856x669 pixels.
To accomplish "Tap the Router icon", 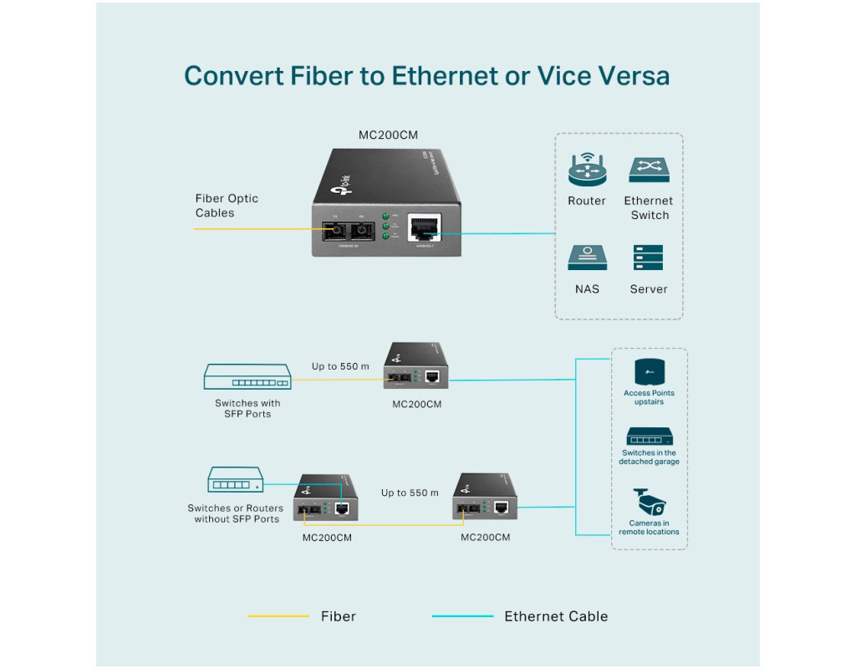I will (x=587, y=169).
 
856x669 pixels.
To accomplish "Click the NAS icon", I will (x=587, y=258).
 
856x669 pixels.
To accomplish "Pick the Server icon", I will (x=648, y=258).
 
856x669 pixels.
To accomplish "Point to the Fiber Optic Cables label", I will (x=227, y=206).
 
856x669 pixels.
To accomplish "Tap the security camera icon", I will (x=649, y=503).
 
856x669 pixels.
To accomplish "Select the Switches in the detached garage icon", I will (x=649, y=437).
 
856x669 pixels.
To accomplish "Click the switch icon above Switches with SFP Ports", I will (x=247, y=378).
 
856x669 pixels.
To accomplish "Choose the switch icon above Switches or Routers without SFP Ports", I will (x=235, y=480).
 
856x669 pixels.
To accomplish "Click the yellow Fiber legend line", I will (x=278, y=616).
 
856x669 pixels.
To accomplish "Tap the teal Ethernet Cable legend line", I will (x=462, y=616).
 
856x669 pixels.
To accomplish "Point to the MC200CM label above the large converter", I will (x=387, y=135).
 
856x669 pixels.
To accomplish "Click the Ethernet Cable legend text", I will (x=556, y=616).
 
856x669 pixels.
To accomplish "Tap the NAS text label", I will (x=587, y=289).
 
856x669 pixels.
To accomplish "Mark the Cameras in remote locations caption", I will (x=649, y=528).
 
